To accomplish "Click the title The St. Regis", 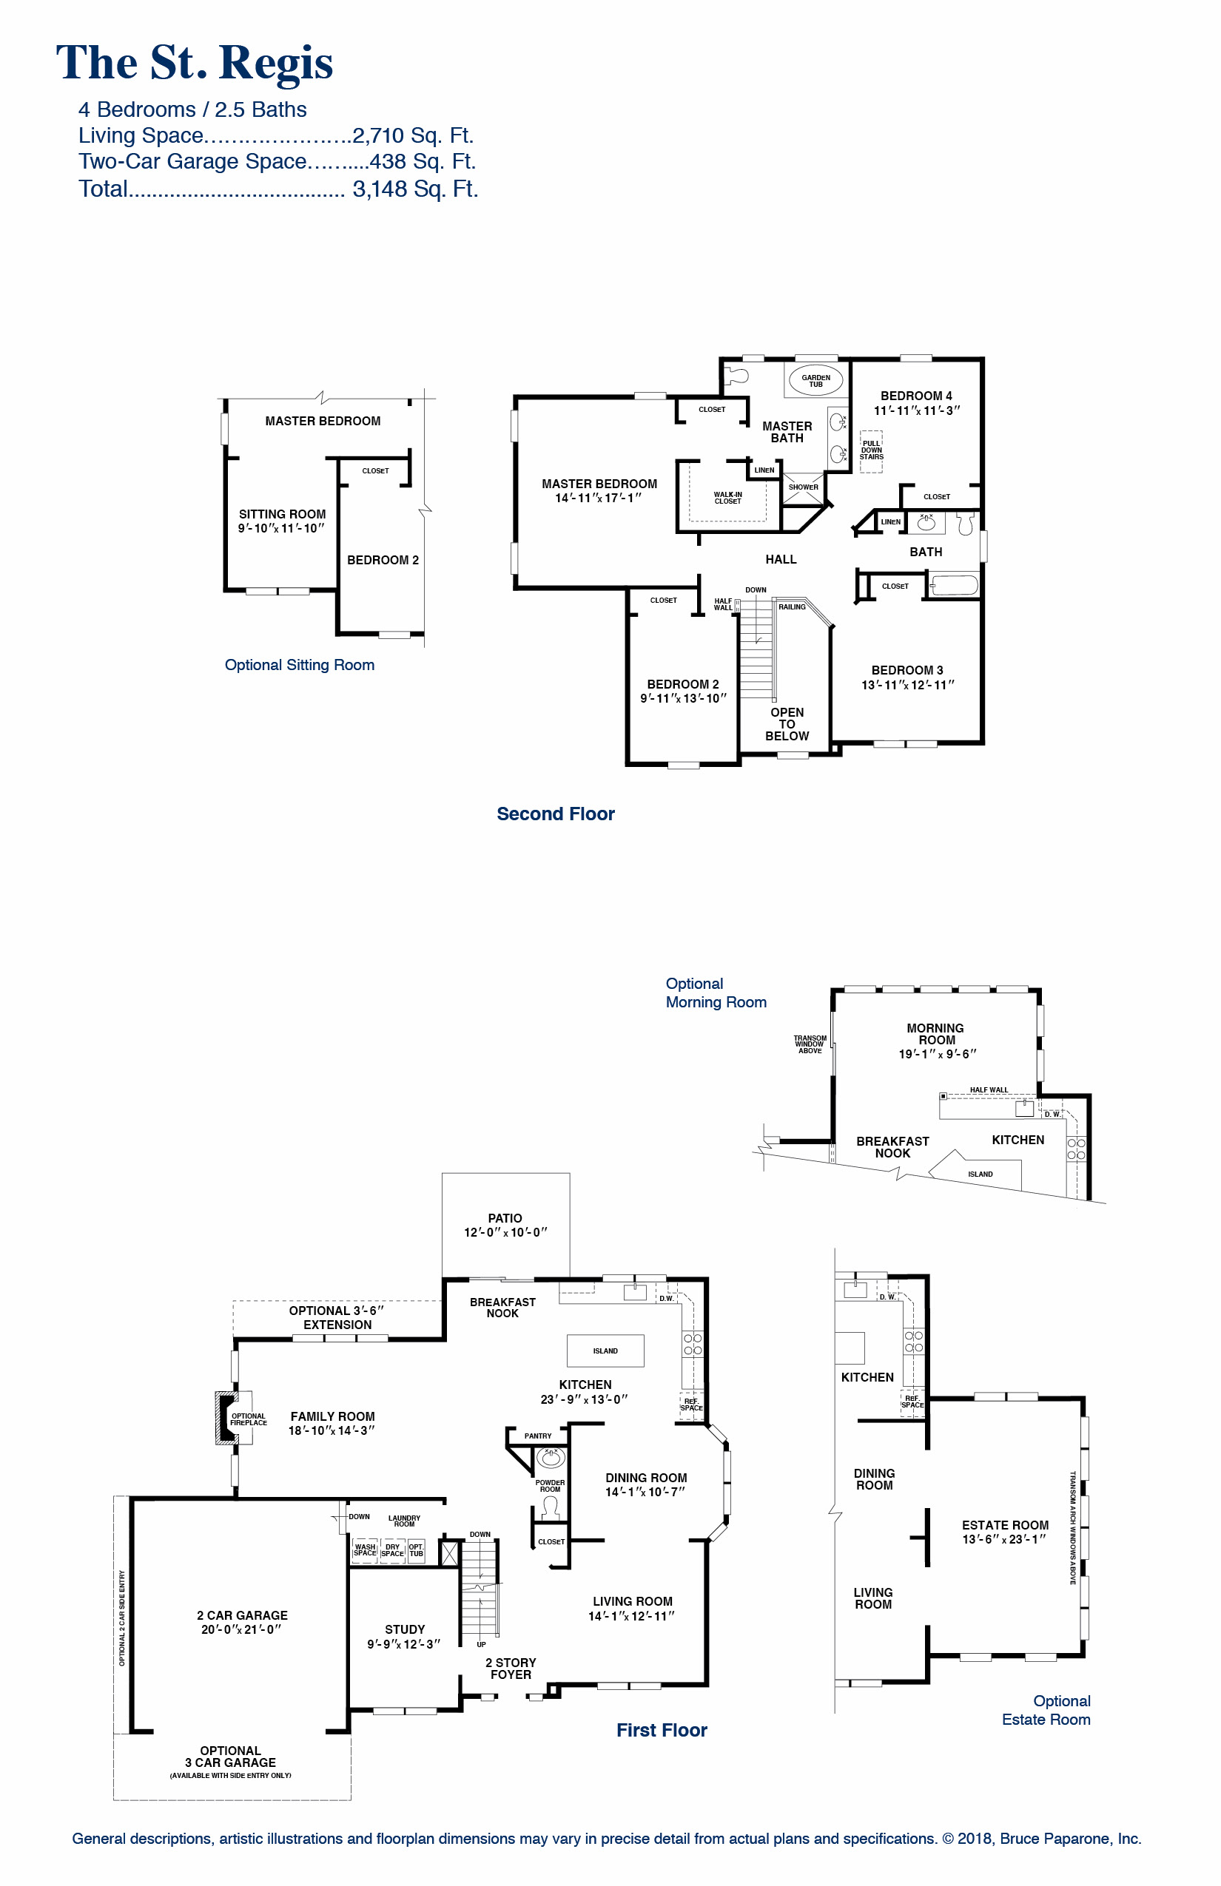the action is [194, 64].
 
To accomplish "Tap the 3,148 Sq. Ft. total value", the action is [414, 189].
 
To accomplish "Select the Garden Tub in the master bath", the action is [815, 380].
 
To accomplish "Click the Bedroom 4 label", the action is [916, 396].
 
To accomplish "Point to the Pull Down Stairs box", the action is [872, 451].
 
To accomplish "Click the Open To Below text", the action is [787, 723].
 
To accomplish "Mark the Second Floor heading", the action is [555, 814].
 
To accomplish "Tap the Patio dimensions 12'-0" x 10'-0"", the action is [505, 1232].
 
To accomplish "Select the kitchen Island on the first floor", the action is [605, 1351].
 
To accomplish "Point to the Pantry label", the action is [537, 1436].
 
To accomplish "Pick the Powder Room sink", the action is [551, 1456].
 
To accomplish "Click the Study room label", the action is [404, 1629].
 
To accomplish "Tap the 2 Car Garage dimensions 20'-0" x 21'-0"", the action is [241, 1629].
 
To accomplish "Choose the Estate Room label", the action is [1005, 1524].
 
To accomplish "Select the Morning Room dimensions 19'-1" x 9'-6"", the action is [936, 1054].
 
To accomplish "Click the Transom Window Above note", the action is [810, 1044].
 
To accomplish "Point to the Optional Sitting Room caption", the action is [299, 665].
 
